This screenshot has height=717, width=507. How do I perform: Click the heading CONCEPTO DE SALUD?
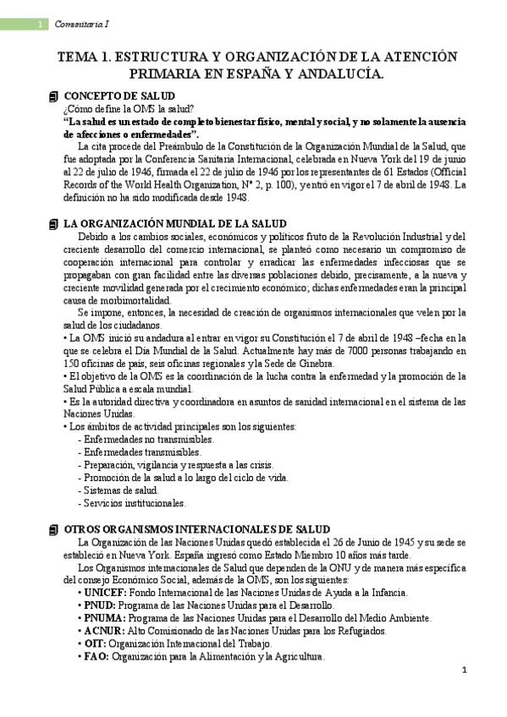coord(119,96)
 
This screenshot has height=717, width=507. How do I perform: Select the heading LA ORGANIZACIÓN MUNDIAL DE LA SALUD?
coord(168,223)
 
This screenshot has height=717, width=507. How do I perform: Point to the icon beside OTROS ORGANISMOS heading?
coord(53,528)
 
